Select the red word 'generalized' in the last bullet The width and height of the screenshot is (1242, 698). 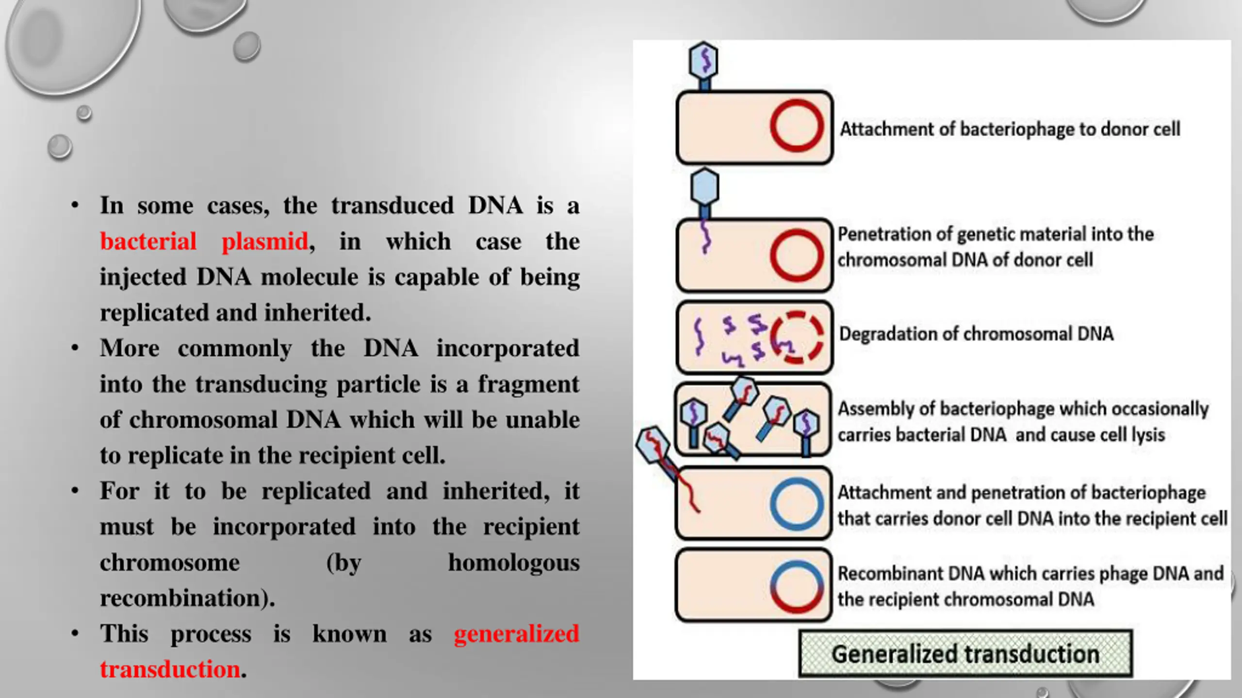point(516,634)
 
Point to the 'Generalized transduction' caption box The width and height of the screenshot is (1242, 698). point(965,654)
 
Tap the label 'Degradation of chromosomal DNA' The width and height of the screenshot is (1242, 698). point(976,334)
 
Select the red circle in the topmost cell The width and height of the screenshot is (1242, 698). point(797,126)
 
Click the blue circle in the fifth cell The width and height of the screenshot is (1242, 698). point(797,504)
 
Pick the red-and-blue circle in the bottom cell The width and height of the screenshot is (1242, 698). point(797,586)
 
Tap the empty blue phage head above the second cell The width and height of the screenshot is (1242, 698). point(704,187)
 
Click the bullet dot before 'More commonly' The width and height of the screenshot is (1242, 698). point(75,349)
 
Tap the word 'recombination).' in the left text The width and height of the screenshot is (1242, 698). point(187,599)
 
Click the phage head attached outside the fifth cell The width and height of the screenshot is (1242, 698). point(653,444)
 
